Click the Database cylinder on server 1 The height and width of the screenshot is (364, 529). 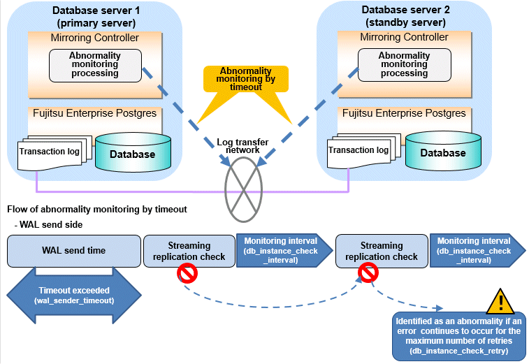point(132,154)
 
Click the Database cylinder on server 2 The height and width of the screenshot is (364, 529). point(442,153)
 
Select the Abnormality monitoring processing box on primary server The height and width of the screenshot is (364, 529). point(94,64)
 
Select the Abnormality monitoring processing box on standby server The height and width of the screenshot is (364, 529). point(404,64)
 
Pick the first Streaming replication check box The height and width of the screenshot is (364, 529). point(189,251)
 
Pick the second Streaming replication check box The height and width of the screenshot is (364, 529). point(382,251)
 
